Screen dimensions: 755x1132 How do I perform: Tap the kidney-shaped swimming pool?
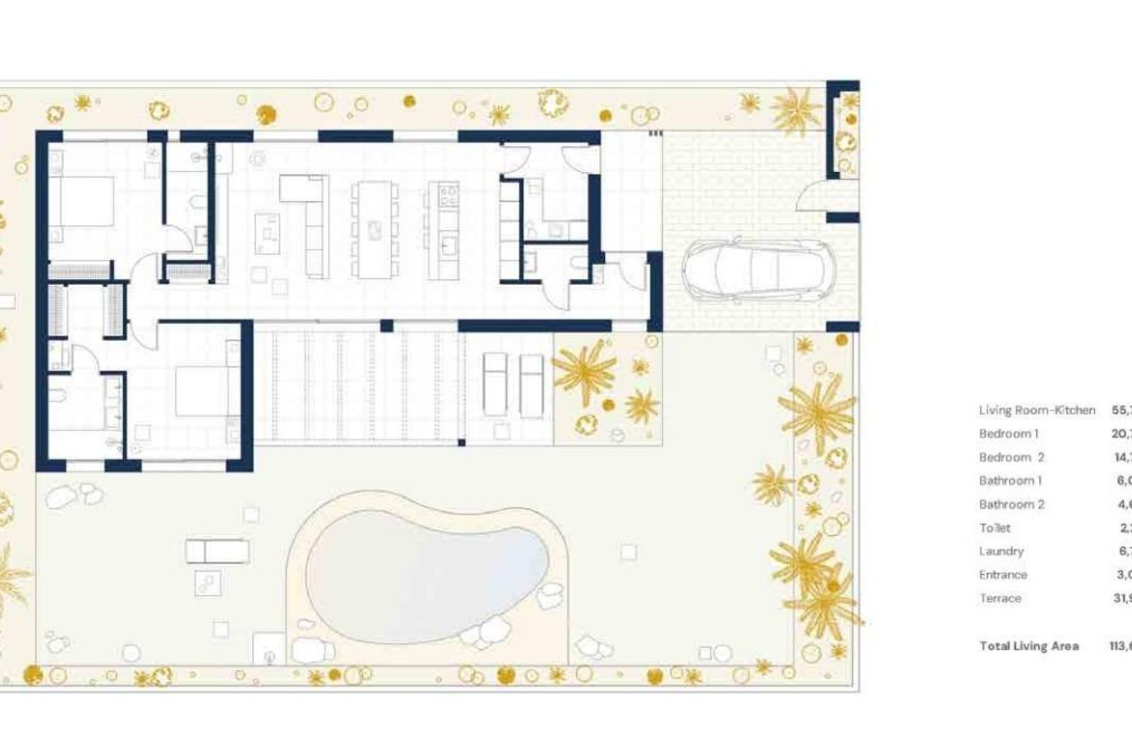pyautogui.click(x=427, y=575)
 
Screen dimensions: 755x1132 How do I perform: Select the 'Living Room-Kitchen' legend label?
pyautogui.click(x=1036, y=410)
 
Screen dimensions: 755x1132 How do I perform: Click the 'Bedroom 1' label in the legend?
pyautogui.click(x=1008, y=434)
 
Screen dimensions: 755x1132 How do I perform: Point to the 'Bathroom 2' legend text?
pyautogui.click(x=1011, y=504)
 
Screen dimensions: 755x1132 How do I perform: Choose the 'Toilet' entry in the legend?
pyautogui.click(x=995, y=528)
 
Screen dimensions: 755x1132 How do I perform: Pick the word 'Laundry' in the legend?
pyautogui.click(x=1001, y=551)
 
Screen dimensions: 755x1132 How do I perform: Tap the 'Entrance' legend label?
pyautogui.click(x=1003, y=575)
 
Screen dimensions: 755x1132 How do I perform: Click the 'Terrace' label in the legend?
pyautogui.click(x=1000, y=598)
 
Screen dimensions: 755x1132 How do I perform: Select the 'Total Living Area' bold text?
pyautogui.click(x=1029, y=646)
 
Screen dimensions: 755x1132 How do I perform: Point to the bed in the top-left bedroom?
pyautogui.click(x=83, y=201)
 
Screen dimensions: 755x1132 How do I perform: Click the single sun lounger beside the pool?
pyautogui.click(x=217, y=552)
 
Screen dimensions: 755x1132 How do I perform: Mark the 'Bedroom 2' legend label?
pyautogui.click(x=1011, y=457)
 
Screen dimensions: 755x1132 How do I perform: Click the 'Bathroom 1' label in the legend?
pyautogui.click(x=1010, y=481)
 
